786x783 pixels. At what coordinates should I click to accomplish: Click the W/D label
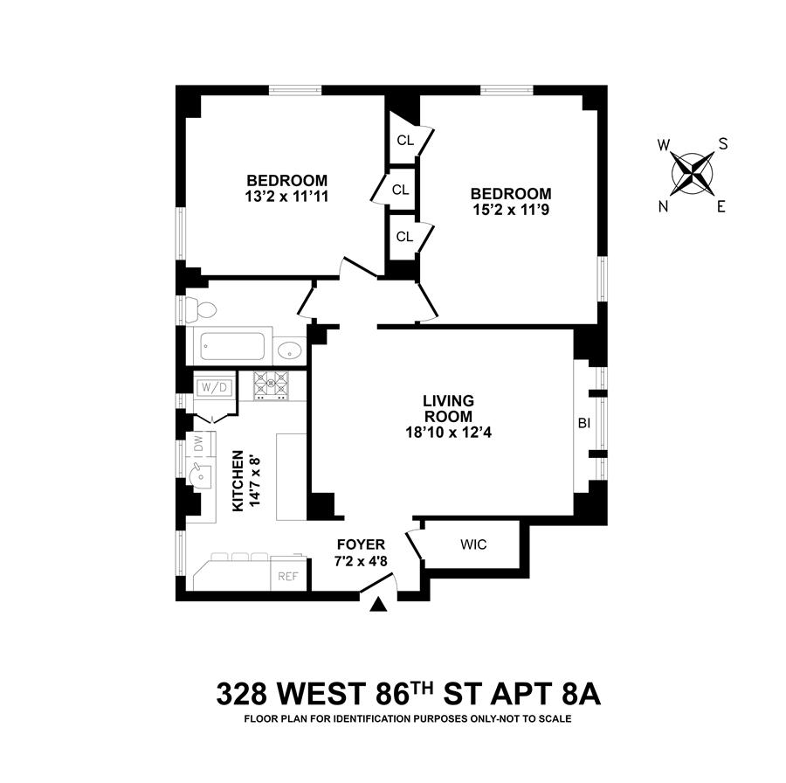click(x=212, y=386)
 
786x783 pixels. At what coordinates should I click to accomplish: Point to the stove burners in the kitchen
click(x=271, y=385)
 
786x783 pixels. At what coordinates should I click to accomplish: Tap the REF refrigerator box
click(x=288, y=576)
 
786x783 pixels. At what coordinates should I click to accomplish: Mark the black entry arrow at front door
click(x=378, y=605)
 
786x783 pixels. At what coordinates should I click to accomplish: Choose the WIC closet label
click(x=473, y=544)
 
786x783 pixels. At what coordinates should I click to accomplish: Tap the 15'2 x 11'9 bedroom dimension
click(x=511, y=210)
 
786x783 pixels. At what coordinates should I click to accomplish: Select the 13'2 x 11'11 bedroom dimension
click(x=286, y=197)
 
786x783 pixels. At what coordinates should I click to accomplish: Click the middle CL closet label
click(x=401, y=189)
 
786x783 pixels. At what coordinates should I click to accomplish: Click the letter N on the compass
click(x=665, y=206)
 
